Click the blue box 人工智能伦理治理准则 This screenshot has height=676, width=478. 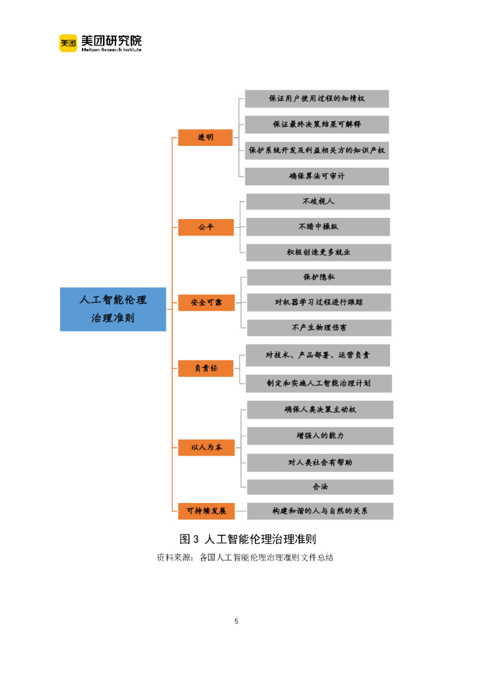[x=113, y=309]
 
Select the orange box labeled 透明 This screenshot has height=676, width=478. [x=205, y=137]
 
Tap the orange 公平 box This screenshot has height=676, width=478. [x=205, y=227]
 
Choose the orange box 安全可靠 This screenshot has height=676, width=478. [x=206, y=302]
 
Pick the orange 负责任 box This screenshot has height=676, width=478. [x=206, y=368]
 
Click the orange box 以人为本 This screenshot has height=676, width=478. [x=206, y=448]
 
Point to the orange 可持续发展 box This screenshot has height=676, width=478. [x=206, y=511]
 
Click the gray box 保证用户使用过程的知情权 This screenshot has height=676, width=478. [x=316, y=99]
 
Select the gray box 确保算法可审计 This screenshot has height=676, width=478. [x=316, y=176]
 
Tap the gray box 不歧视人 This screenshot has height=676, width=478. [x=318, y=201]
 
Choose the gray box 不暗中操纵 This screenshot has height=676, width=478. [x=318, y=226]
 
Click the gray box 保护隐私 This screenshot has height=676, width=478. [x=318, y=277]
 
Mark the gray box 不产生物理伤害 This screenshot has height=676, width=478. [x=318, y=327]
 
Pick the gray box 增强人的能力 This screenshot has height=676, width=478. [x=320, y=436]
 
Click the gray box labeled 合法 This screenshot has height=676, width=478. [x=320, y=487]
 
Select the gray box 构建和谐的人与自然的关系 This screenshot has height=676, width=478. [x=320, y=511]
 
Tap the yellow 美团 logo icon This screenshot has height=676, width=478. [x=68, y=43]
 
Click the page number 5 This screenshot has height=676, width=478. [x=236, y=621]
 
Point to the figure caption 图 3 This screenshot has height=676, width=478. [x=189, y=539]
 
